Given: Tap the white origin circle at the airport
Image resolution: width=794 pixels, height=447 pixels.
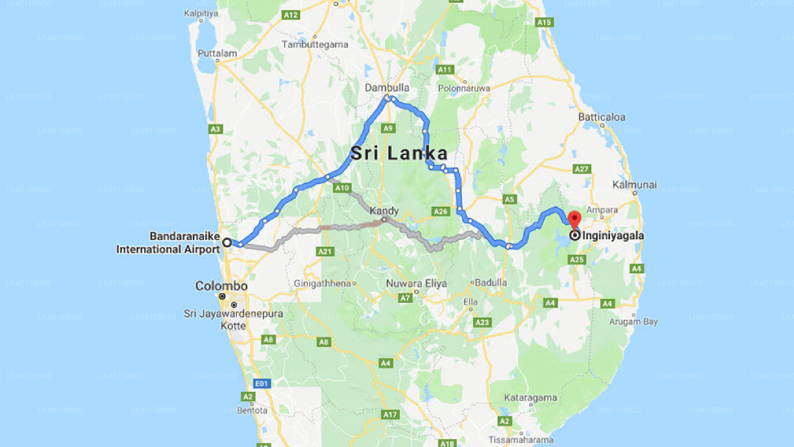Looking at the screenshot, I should (227, 242).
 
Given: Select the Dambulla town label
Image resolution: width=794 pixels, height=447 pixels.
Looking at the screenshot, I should (387, 88).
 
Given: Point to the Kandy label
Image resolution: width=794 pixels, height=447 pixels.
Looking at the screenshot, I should (384, 210).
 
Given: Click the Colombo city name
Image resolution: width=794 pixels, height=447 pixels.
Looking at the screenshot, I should (221, 286).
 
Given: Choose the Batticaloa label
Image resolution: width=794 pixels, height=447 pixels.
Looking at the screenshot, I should (602, 117).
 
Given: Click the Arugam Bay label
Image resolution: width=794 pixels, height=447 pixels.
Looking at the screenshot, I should (633, 322).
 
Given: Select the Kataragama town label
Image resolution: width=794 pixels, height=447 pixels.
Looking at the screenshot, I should (530, 397).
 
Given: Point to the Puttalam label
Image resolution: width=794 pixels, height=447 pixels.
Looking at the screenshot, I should (217, 53).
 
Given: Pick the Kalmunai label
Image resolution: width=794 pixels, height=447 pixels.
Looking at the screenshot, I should (635, 185).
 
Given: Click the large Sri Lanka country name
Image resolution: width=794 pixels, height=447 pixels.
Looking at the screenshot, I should (399, 153).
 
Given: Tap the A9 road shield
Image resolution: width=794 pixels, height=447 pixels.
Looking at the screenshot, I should (388, 128).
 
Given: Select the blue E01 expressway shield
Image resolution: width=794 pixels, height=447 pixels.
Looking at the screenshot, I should (262, 384).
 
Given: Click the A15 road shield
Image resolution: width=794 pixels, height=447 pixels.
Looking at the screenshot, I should (544, 22).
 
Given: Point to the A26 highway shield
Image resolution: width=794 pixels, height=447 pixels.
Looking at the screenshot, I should (440, 212).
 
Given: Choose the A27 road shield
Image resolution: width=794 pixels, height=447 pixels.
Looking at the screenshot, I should (581, 169).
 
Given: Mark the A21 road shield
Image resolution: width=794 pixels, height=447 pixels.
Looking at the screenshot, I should (325, 251).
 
